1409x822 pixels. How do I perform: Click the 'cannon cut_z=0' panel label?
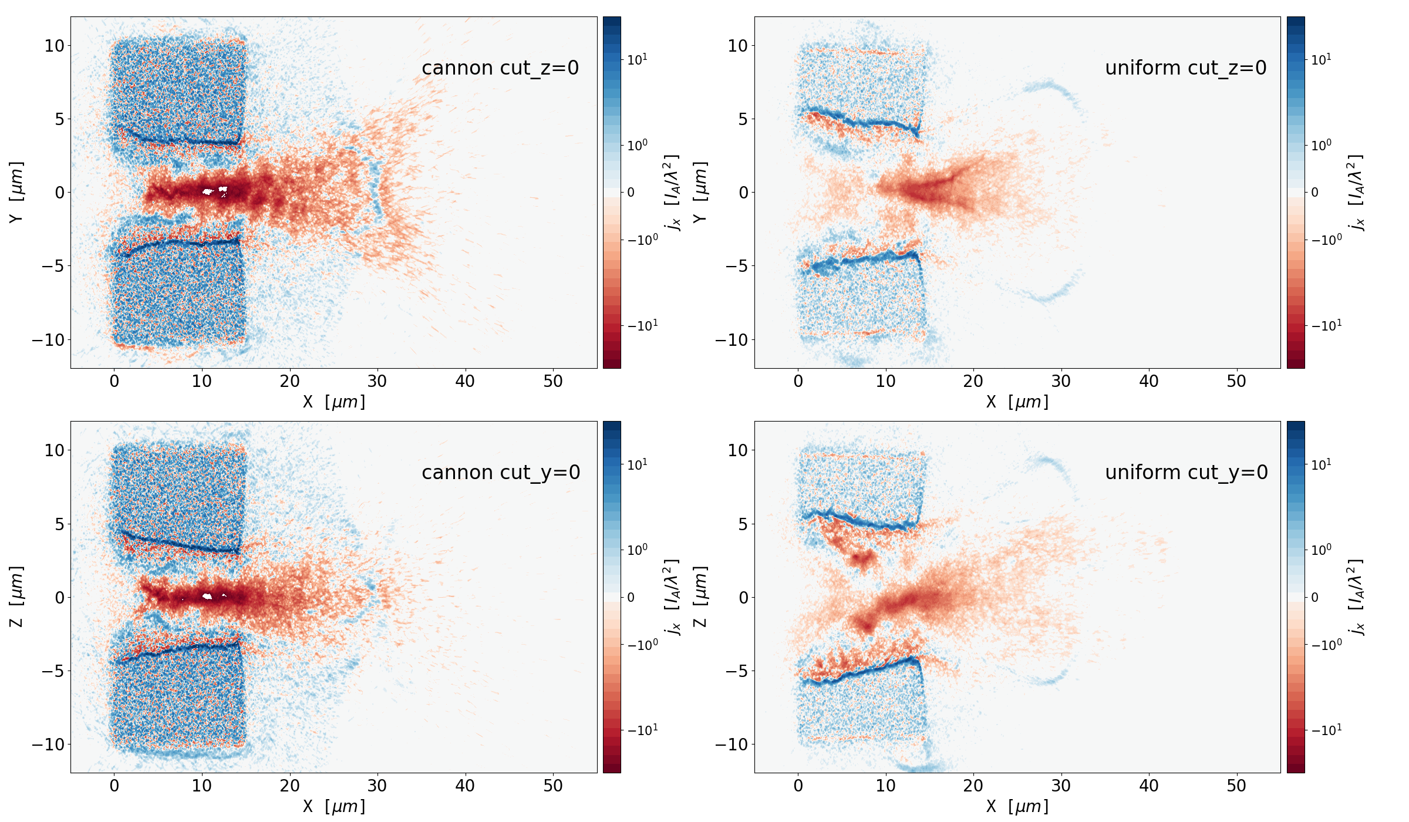click(500, 68)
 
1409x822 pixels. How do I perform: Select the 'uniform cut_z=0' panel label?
click(1185, 68)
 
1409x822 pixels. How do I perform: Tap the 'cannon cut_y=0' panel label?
click(501, 473)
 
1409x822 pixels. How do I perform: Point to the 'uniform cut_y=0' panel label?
click(1186, 473)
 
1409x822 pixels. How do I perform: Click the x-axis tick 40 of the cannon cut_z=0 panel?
click(465, 382)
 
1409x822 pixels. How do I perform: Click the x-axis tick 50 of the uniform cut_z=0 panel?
click(1236, 382)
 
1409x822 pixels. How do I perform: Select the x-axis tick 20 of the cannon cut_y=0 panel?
click(289, 786)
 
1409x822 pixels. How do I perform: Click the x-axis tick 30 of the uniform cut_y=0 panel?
click(1061, 786)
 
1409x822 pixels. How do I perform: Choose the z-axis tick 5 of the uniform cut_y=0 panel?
click(743, 524)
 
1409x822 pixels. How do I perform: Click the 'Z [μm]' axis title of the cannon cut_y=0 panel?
click(16, 597)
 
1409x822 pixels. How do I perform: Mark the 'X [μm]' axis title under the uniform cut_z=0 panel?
click(1017, 402)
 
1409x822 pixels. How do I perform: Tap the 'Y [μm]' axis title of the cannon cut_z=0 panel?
click(16, 192)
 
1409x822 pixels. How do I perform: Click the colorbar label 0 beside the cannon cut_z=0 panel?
click(631, 193)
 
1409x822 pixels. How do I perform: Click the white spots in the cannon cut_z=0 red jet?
click(214, 191)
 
